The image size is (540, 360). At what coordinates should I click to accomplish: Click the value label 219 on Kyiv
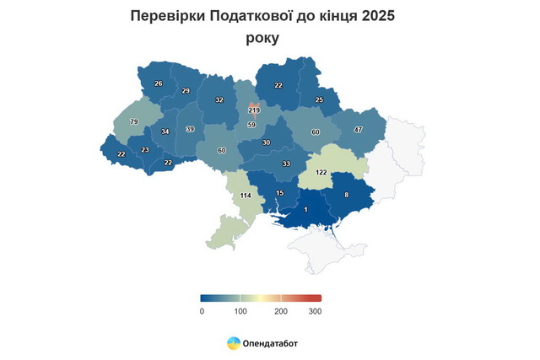[x=254, y=110]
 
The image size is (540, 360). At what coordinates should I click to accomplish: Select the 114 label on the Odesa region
[x=246, y=195]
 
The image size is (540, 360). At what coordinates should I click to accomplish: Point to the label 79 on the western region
[x=134, y=122]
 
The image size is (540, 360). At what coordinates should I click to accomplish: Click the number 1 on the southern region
[x=305, y=209]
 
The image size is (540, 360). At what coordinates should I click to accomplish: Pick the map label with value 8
[x=346, y=195]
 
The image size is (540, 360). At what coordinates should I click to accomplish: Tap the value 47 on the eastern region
[x=358, y=130]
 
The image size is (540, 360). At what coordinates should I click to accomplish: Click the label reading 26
[x=159, y=83]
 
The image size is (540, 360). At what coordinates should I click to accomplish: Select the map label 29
[x=186, y=90]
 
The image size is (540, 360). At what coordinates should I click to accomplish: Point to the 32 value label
[x=219, y=100]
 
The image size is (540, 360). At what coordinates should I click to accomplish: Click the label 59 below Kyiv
[x=251, y=126]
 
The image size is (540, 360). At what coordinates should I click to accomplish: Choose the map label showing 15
[x=281, y=194]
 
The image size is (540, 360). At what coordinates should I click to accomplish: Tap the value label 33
[x=286, y=164]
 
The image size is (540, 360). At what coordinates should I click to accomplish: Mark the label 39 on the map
[x=190, y=129]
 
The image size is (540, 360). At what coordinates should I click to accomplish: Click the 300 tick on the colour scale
[x=315, y=312]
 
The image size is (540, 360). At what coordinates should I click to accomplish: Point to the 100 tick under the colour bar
[x=240, y=312]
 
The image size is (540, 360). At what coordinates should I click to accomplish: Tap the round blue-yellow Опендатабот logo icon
[x=233, y=343]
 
